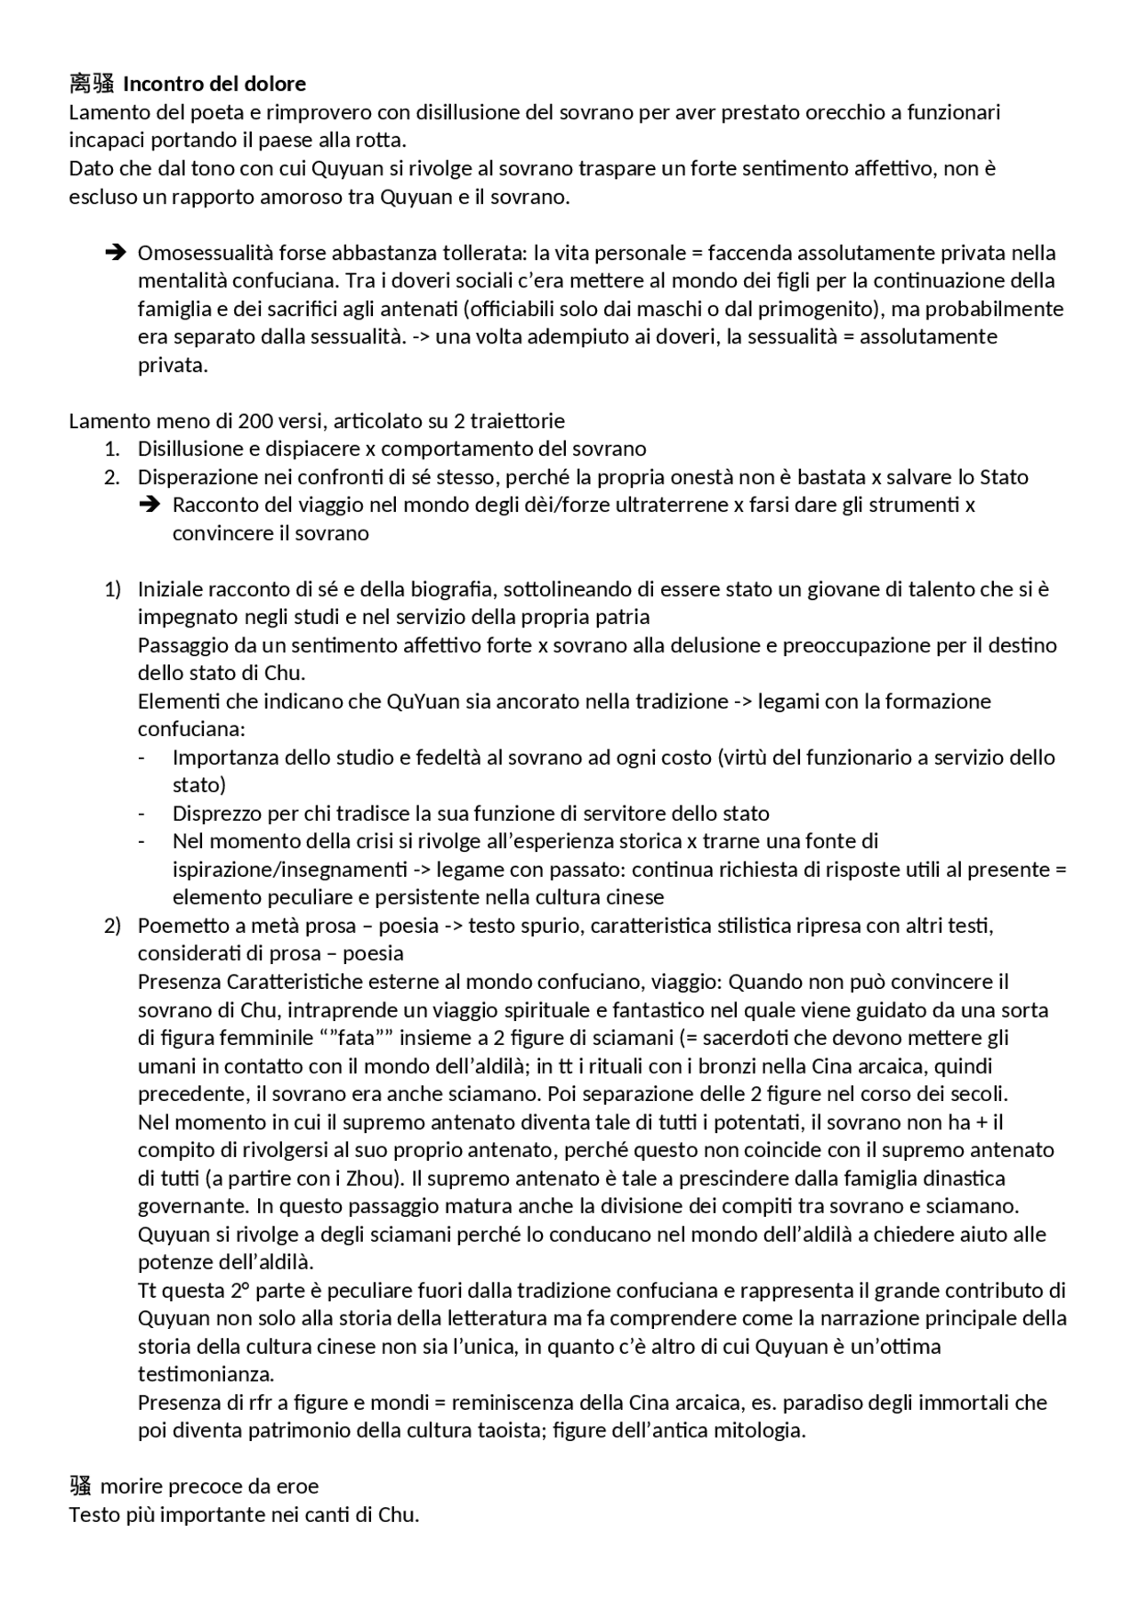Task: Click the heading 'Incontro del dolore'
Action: coord(214,85)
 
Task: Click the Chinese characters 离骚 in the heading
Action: coord(92,85)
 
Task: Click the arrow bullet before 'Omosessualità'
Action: coord(114,253)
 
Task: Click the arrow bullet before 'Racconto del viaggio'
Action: coord(149,506)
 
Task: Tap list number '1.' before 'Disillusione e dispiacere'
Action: coord(112,449)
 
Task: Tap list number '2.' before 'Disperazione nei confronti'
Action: coord(112,477)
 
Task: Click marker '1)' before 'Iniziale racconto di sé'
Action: coord(112,589)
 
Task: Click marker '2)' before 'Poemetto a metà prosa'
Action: coord(112,926)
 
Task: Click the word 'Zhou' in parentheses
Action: coord(362,1179)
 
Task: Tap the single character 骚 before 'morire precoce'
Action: coord(80,1486)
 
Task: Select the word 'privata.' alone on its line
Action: coord(173,366)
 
